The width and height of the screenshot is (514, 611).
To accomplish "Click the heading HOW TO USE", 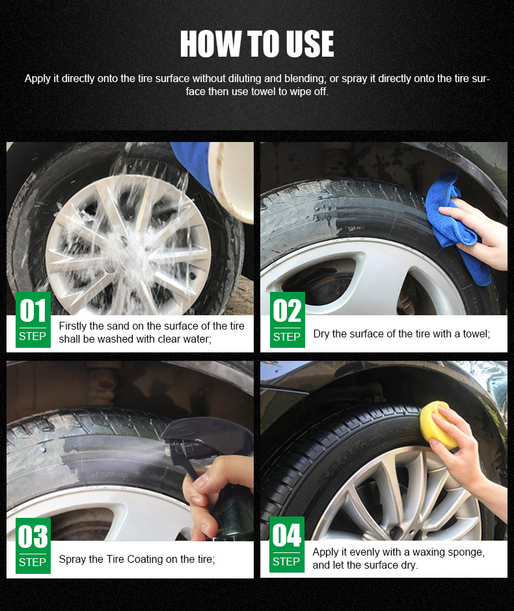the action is tap(257, 44).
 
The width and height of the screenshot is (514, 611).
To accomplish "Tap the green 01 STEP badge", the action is tap(33, 320).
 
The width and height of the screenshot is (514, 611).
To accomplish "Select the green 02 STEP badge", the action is tap(287, 320).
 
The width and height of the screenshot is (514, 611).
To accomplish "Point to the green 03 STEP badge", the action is tap(33, 546).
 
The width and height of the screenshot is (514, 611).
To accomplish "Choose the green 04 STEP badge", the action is tap(287, 545).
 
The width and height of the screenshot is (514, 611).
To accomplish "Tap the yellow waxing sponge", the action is tap(438, 425).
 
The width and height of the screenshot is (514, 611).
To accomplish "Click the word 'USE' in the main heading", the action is tap(310, 44).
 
